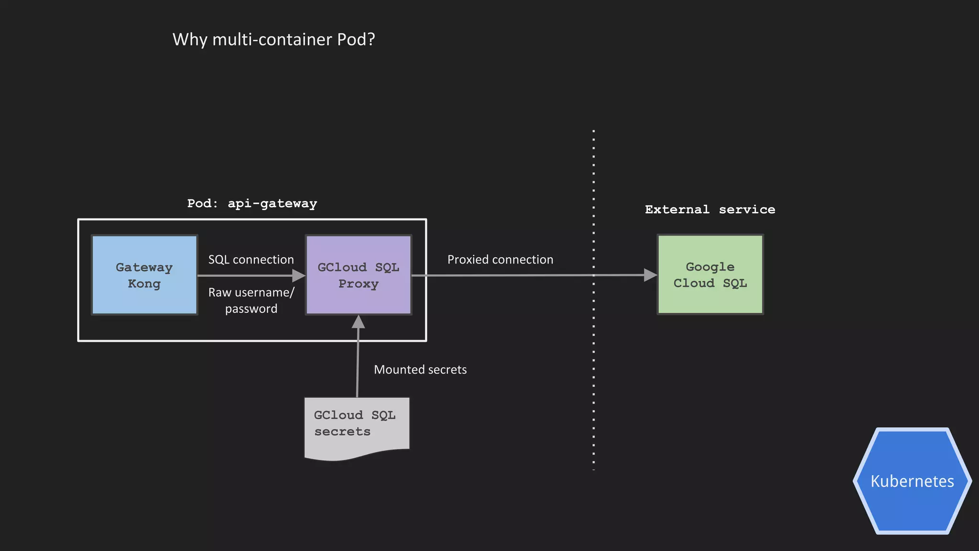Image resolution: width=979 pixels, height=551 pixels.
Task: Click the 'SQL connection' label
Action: tap(251, 260)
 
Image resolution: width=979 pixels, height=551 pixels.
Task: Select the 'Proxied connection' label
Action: tap(500, 260)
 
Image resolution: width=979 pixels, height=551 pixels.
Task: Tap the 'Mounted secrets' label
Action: tap(420, 370)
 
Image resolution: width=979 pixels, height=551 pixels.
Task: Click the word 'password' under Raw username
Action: tap(251, 309)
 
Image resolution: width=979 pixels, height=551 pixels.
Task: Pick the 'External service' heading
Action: tap(710, 209)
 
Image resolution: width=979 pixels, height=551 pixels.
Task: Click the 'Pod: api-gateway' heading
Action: tap(252, 203)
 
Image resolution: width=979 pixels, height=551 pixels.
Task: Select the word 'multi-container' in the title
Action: tap(272, 39)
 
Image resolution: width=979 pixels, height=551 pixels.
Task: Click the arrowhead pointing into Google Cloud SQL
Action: tap(651, 275)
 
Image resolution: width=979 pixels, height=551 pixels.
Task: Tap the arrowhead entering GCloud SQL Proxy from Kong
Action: tap(299, 275)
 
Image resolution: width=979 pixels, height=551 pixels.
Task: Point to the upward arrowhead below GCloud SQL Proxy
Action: tap(358, 322)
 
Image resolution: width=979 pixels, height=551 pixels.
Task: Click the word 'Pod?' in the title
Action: tap(356, 39)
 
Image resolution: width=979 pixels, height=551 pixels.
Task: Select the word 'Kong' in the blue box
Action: tap(144, 284)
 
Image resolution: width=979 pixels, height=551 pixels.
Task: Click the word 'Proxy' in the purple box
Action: tap(358, 284)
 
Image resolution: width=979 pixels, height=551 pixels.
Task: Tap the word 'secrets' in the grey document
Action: tap(342, 431)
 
